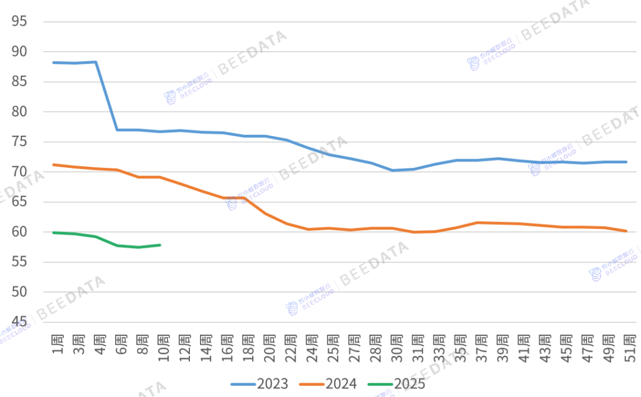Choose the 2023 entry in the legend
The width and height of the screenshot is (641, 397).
[259, 384]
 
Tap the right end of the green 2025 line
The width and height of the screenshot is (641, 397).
[160, 244]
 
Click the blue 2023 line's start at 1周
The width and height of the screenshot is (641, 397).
[54, 62]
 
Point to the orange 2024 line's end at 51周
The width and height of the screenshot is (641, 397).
[626, 231]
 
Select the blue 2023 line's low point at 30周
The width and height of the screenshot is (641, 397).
[393, 170]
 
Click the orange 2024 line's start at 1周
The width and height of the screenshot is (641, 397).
[54, 164]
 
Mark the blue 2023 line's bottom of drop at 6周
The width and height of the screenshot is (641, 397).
[118, 130]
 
